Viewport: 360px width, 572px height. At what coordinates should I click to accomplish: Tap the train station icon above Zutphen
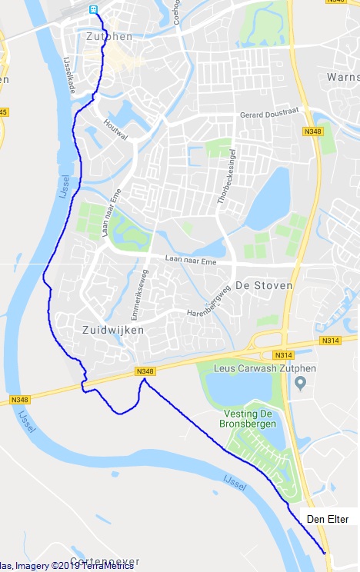coord(94,9)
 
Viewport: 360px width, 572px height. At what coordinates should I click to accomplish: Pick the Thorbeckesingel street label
coord(228,179)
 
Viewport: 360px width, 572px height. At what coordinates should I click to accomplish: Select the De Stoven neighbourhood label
coord(264,285)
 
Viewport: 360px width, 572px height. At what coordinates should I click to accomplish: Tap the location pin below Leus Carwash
coord(301,384)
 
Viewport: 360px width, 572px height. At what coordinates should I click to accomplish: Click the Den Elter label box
coord(327,520)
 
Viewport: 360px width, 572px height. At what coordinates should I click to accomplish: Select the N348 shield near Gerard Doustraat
coord(312,131)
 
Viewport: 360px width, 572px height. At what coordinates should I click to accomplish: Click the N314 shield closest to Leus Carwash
coord(282,354)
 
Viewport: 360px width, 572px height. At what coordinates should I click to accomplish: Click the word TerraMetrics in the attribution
coord(108,567)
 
